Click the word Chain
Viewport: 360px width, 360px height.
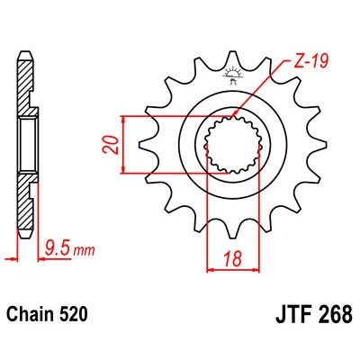[x=32, y=316]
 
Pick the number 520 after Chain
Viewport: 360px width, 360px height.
[x=74, y=316]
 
